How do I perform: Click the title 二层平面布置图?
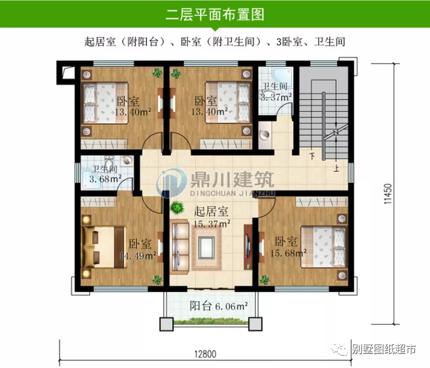(215, 14)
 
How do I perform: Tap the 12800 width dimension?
(206, 354)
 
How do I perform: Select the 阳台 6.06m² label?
(219, 306)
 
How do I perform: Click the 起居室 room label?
(211, 212)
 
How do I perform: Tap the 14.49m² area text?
(139, 256)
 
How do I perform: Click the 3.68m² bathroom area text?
(106, 179)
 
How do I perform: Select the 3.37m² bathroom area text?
(275, 97)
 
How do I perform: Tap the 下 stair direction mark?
(312, 154)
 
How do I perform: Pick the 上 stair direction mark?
(336, 167)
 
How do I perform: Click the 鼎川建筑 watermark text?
(233, 179)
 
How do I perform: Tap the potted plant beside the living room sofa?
(177, 207)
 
